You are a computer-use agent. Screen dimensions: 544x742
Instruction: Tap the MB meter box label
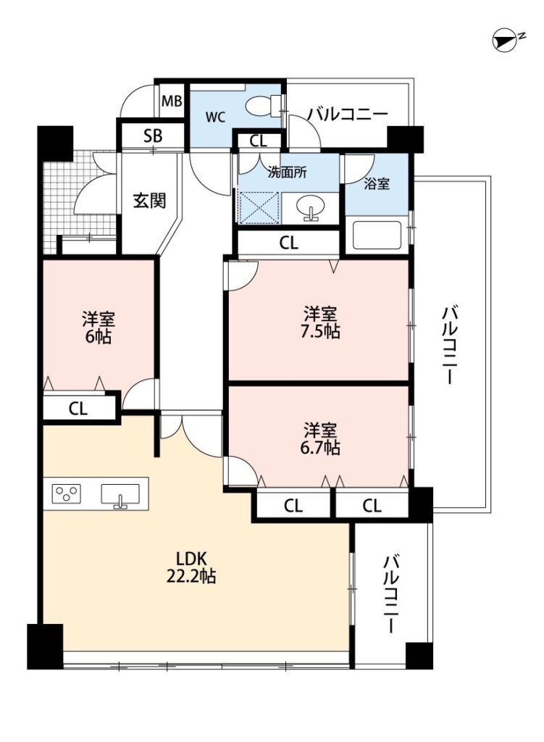(172, 101)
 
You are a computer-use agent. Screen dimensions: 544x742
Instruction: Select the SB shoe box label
(153, 136)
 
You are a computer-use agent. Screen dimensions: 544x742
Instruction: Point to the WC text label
(215, 117)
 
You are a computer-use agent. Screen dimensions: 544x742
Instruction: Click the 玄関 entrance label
(149, 201)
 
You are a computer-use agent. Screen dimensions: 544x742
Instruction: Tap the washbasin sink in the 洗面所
(310, 208)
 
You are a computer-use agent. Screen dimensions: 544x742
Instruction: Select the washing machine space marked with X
(259, 208)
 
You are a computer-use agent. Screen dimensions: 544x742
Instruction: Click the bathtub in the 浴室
(377, 235)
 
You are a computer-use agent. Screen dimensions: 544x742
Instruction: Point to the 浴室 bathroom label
(377, 184)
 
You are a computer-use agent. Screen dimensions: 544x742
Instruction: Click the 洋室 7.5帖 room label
(320, 322)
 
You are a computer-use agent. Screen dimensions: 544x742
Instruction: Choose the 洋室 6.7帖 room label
(320, 438)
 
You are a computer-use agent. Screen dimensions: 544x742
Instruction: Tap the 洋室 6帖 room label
(99, 328)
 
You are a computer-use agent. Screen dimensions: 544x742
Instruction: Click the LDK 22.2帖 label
(191, 567)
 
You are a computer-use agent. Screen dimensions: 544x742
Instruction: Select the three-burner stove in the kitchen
(67, 494)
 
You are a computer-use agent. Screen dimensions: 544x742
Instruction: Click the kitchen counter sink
(121, 495)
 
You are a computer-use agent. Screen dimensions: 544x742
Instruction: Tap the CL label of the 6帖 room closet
(78, 409)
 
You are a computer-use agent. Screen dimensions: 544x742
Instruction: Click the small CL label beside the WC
(259, 141)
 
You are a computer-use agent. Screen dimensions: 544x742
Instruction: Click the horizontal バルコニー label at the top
(348, 114)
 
